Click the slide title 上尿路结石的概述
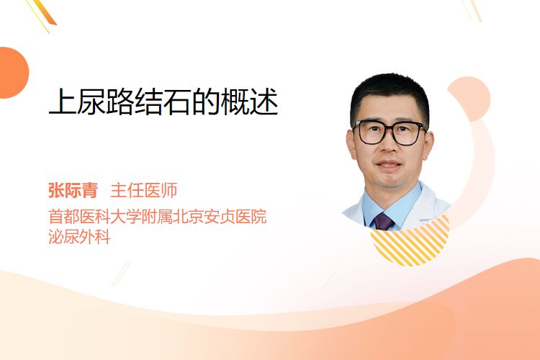[x=163, y=102]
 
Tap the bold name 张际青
[x=73, y=190]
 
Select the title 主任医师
[x=144, y=190]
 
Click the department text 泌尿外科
[x=79, y=237]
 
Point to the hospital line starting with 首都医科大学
[x=158, y=216]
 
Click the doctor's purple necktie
[x=383, y=222]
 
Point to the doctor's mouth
[x=389, y=164]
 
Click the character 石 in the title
[x=178, y=102]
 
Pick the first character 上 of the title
[x=63, y=102]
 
